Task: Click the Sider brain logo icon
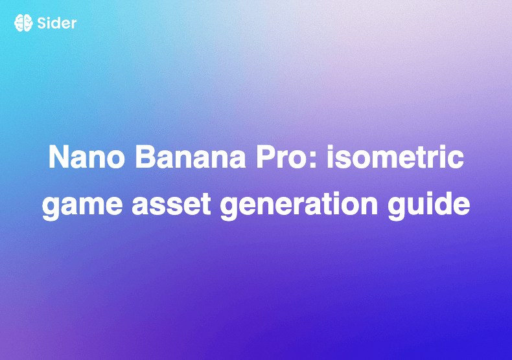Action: (x=23, y=23)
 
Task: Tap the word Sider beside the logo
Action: (x=56, y=23)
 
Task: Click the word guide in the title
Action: (x=428, y=205)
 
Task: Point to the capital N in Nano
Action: (x=58, y=159)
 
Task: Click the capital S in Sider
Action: (x=41, y=23)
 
